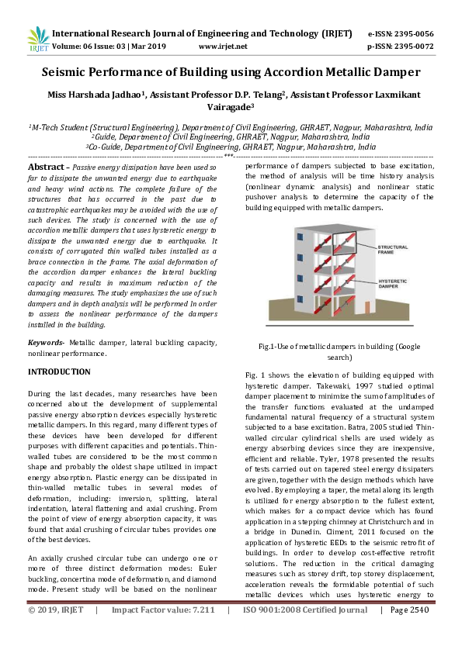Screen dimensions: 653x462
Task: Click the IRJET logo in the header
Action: (x=37, y=40)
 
